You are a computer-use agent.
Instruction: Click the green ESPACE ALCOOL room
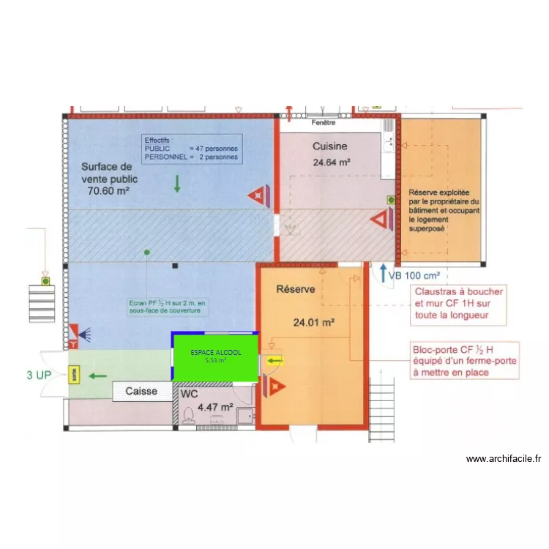215,356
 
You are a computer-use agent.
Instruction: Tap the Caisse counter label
141,391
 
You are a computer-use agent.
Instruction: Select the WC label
189,394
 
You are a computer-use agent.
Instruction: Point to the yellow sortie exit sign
74,375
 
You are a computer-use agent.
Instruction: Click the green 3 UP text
40,376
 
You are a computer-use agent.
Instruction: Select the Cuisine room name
329,146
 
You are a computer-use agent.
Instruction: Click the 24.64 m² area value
331,163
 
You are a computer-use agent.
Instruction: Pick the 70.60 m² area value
108,191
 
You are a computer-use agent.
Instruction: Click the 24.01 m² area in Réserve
314,321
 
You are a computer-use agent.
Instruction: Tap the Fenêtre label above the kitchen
315,123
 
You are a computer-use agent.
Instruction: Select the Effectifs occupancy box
190,149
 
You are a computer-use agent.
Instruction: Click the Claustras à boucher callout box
458,303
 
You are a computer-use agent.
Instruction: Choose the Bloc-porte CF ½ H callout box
466,360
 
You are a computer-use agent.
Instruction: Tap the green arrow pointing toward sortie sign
97,376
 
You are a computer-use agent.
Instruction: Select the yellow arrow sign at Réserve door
274,360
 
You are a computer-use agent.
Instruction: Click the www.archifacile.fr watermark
504,459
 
